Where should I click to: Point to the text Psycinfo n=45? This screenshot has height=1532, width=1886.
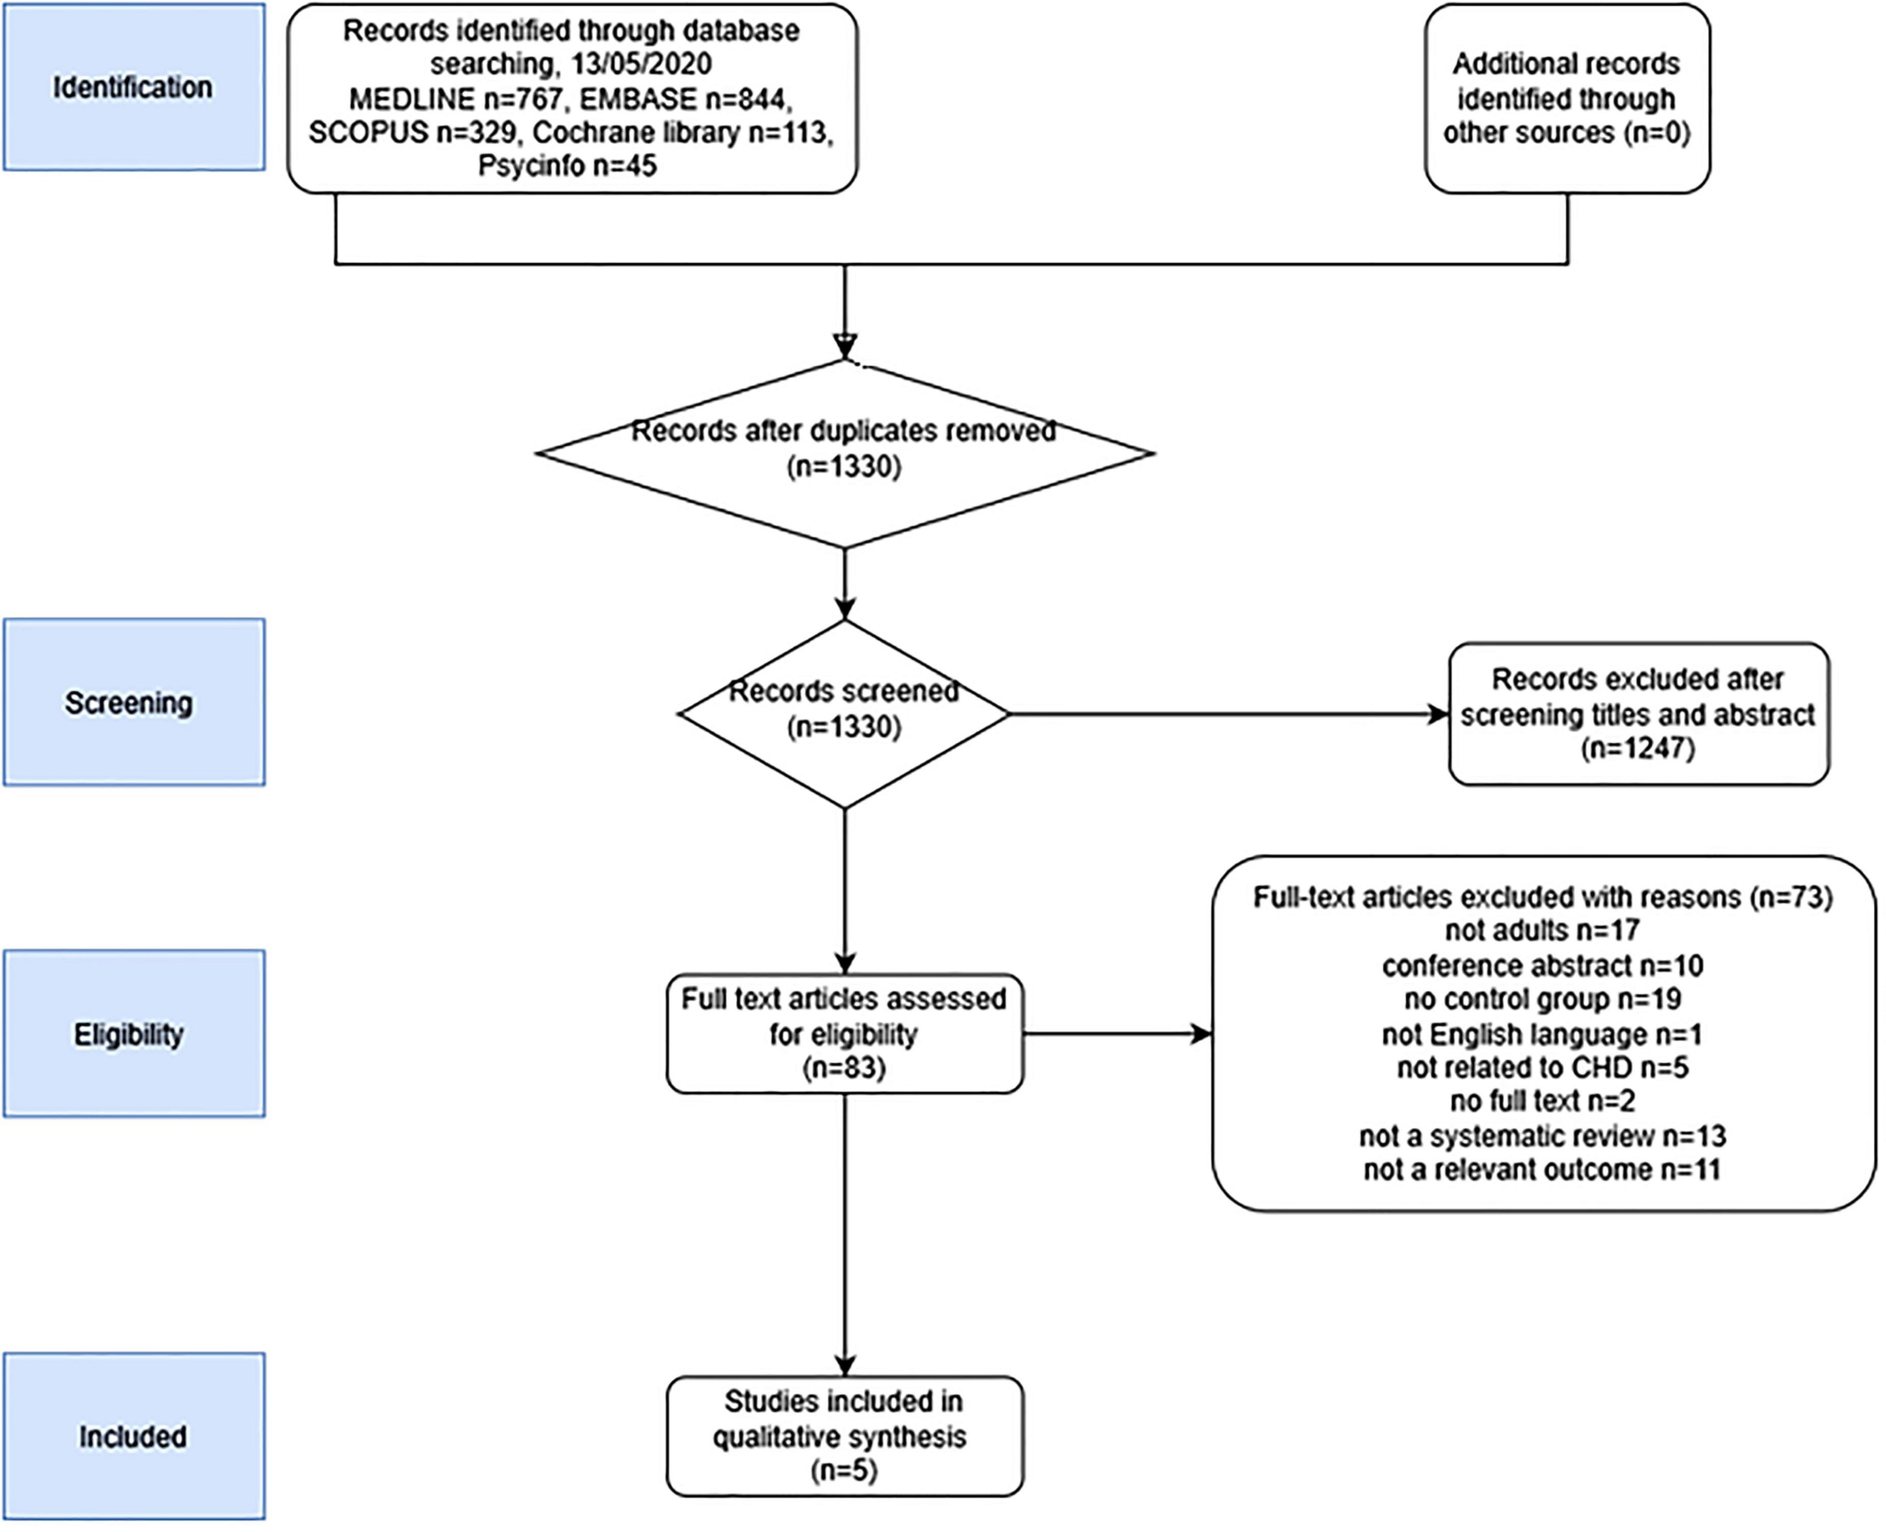(x=567, y=165)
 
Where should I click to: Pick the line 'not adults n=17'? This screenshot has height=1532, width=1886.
(x=1542, y=930)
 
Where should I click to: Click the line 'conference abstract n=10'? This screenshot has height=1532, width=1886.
(x=1542, y=965)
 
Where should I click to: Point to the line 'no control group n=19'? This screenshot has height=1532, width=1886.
(x=1542, y=999)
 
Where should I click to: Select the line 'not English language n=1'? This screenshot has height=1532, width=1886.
(x=1542, y=1033)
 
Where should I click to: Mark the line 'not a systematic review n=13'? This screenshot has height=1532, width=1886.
(x=1542, y=1136)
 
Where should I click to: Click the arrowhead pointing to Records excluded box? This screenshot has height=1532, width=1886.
(x=1438, y=714)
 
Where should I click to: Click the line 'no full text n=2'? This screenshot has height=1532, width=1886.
(x=1542, y=1101)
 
